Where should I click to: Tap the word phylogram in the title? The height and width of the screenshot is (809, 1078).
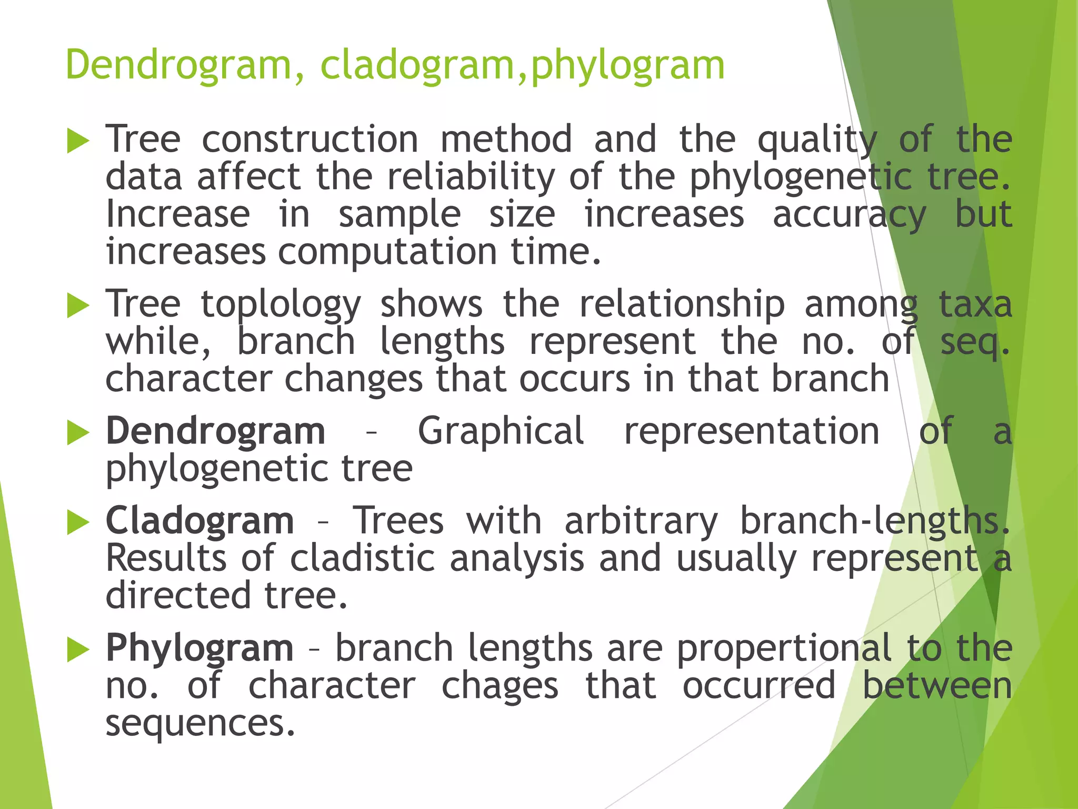[628, 65]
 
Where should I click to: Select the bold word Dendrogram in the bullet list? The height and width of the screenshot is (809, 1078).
[215, 431]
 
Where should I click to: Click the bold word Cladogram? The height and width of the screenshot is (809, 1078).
[200, 520]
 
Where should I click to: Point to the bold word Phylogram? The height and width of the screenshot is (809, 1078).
[199, 647]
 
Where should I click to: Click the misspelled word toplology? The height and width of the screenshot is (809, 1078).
[281, 304]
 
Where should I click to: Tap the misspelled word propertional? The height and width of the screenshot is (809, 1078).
[784, 647]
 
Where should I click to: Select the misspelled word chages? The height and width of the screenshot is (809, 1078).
[500, 685]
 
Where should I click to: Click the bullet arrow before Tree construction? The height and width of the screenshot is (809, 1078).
[78, 141]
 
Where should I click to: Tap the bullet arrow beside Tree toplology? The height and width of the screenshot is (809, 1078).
[78, 306]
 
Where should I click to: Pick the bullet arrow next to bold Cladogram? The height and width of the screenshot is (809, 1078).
[78, 522]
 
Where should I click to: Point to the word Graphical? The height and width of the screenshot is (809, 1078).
[501, 431]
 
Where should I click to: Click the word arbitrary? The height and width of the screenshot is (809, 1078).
[641, 520]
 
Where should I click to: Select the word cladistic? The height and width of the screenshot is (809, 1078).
[363, 558]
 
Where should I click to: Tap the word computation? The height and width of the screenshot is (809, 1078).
[387, 251]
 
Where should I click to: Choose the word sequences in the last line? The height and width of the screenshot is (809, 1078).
[200, 723]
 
